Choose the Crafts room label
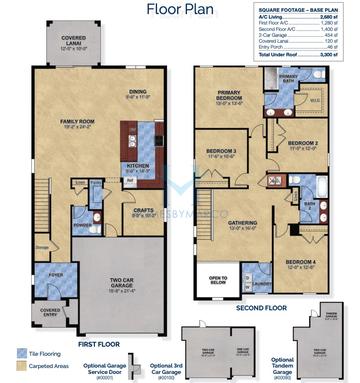[x=143, y=210]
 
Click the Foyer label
[x=55, y=274]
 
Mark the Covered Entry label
[x=51, y=312]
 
